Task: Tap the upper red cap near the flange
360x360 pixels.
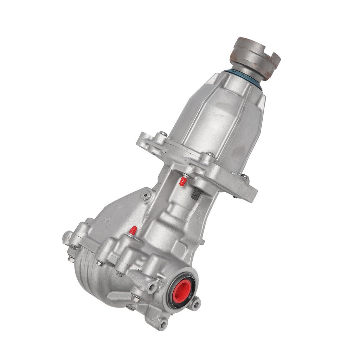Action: click(x=183, y=181)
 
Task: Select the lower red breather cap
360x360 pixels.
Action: click(x=133, y=231)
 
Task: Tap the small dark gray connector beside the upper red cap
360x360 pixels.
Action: click(x=196, y=193)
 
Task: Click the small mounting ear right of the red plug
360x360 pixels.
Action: click(x=195, y=303)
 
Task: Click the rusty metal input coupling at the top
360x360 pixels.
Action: click(x=257, y=56)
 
